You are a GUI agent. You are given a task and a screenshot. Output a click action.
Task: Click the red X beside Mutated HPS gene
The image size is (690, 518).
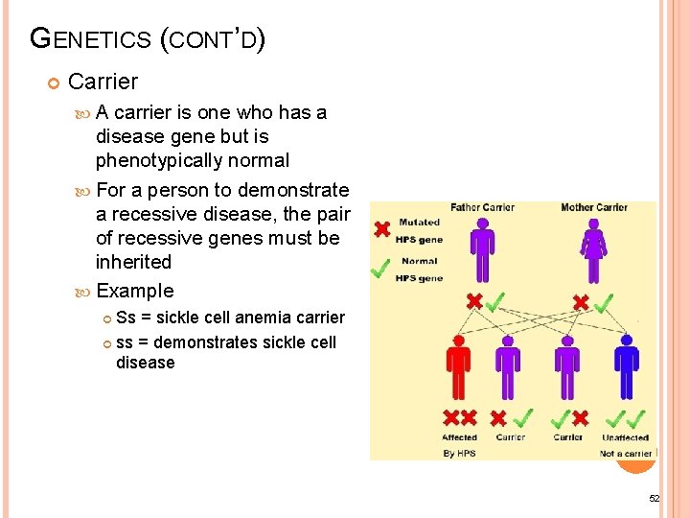point(381,230)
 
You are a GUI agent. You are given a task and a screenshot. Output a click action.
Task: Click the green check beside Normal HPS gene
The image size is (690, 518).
point(380,268)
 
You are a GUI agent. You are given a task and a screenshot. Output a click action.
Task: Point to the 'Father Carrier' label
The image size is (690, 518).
point(484,207)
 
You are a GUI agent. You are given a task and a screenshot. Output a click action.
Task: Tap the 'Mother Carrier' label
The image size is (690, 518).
point(593,207)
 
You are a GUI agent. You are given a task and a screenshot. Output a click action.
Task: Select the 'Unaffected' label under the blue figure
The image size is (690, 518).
point(625,437)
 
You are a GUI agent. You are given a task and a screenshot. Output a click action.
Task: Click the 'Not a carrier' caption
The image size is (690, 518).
point(625,453)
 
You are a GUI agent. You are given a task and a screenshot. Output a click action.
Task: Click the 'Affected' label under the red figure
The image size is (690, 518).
point(459,437)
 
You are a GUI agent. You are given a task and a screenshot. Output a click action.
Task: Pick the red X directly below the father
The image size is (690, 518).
point(473,302)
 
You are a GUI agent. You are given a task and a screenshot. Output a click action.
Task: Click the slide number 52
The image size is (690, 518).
point(655,499)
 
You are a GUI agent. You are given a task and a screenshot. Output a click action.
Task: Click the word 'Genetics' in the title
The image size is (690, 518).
point(91,39)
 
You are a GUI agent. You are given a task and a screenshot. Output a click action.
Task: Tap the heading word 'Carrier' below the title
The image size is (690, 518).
point(103,82)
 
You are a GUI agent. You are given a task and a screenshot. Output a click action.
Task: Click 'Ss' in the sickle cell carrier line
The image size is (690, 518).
point(126,318)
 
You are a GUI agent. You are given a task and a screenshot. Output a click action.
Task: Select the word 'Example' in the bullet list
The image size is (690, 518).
point(135,291)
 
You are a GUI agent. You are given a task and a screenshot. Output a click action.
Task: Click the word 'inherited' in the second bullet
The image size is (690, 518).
point(133,262)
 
